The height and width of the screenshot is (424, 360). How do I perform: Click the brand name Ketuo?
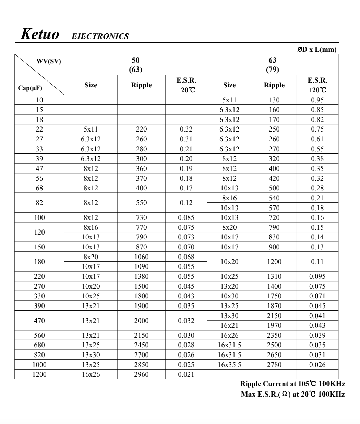(x=40, y=34)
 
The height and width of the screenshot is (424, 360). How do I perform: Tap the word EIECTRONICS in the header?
(x=100, y=36)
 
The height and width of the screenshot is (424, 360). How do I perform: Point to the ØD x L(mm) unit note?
(x=317, y=49)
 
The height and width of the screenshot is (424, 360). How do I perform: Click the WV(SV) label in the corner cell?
(x=48, y=62)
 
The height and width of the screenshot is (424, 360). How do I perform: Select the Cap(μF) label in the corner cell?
(x=30, y=88)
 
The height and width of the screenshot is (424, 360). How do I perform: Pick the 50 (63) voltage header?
(x=135, y=65)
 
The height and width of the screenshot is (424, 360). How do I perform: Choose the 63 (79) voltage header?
(x=273, y=65)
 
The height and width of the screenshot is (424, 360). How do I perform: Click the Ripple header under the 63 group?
(x=274, y=85)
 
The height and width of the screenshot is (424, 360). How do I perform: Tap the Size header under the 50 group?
(x=91, y=85)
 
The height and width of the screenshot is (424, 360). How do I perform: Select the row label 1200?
(x=39, y=374)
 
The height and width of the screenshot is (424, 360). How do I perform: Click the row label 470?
(x=39, y=321)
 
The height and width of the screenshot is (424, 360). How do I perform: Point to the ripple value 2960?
(x=141, y=374)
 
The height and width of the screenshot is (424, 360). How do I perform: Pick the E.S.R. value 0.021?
(x=186, y=374)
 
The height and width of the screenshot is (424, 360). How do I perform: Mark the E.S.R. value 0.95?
(x=317, y=100)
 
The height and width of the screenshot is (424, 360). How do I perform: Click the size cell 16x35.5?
(x=229, y=365)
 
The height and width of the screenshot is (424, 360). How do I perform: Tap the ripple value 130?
(x=274, y=100)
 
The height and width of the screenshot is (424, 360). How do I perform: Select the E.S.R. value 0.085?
(x=186, y=217)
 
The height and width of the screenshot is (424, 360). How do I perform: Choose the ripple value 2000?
(x=141, y=321)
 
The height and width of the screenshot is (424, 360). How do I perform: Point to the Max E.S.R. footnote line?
(x=293, y=394)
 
